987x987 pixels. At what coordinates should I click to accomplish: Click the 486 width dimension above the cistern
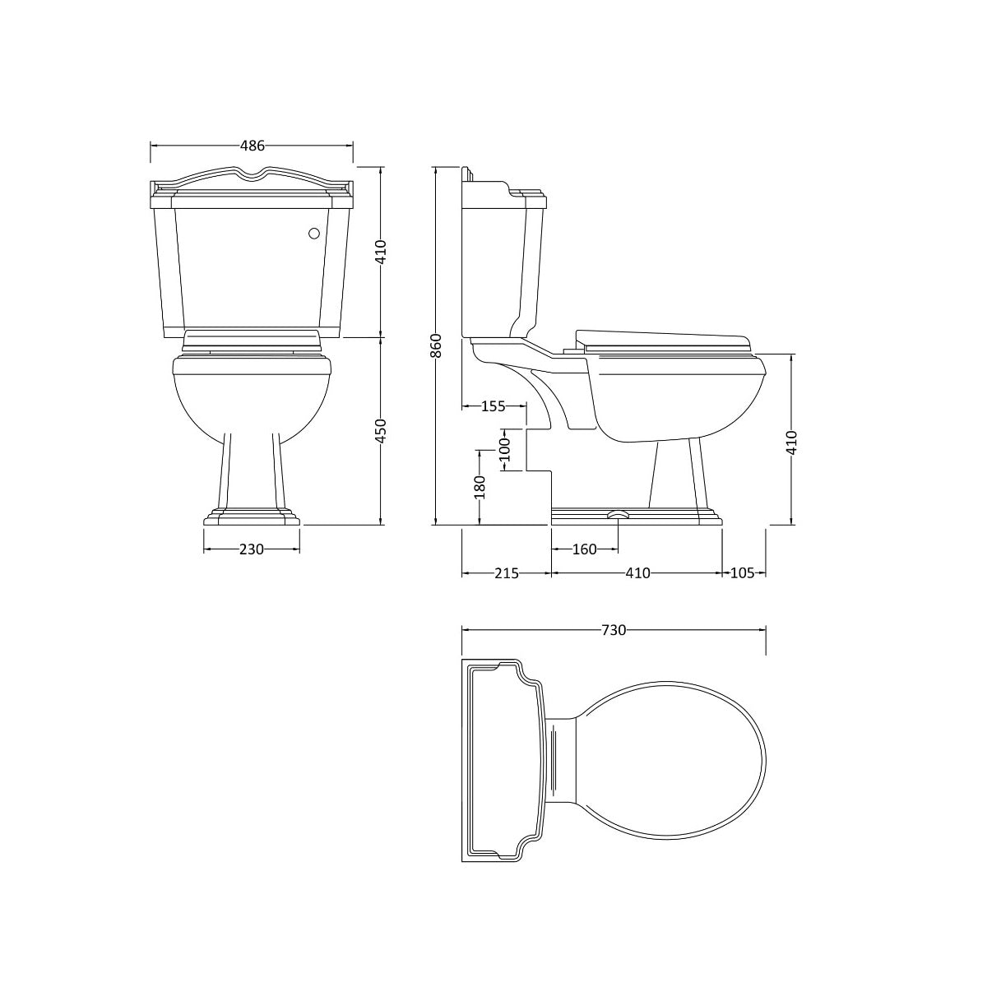pos(252,146)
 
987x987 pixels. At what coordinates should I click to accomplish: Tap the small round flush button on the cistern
pos(313,234)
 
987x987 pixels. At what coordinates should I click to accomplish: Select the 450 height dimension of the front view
pos(380,431)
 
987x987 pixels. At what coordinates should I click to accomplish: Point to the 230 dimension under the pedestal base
pos(252,549)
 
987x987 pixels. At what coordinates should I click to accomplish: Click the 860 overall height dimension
pos(436,345)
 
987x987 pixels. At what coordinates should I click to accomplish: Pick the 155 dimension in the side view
pos(493,405)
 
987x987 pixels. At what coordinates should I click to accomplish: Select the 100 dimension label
pos(505,449)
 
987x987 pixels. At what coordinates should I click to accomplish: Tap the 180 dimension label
pos(480,486)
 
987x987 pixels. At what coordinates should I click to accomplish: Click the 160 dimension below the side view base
pos(583,549)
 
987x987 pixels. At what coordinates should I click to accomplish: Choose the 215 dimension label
pos(506,573)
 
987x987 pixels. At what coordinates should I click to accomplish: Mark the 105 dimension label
pos(742,573)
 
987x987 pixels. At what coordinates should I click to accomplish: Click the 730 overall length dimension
pos(614,630)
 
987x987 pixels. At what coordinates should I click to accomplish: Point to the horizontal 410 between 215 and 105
pos(637,573)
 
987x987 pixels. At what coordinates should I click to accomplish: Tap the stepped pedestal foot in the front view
pos(252,517)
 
